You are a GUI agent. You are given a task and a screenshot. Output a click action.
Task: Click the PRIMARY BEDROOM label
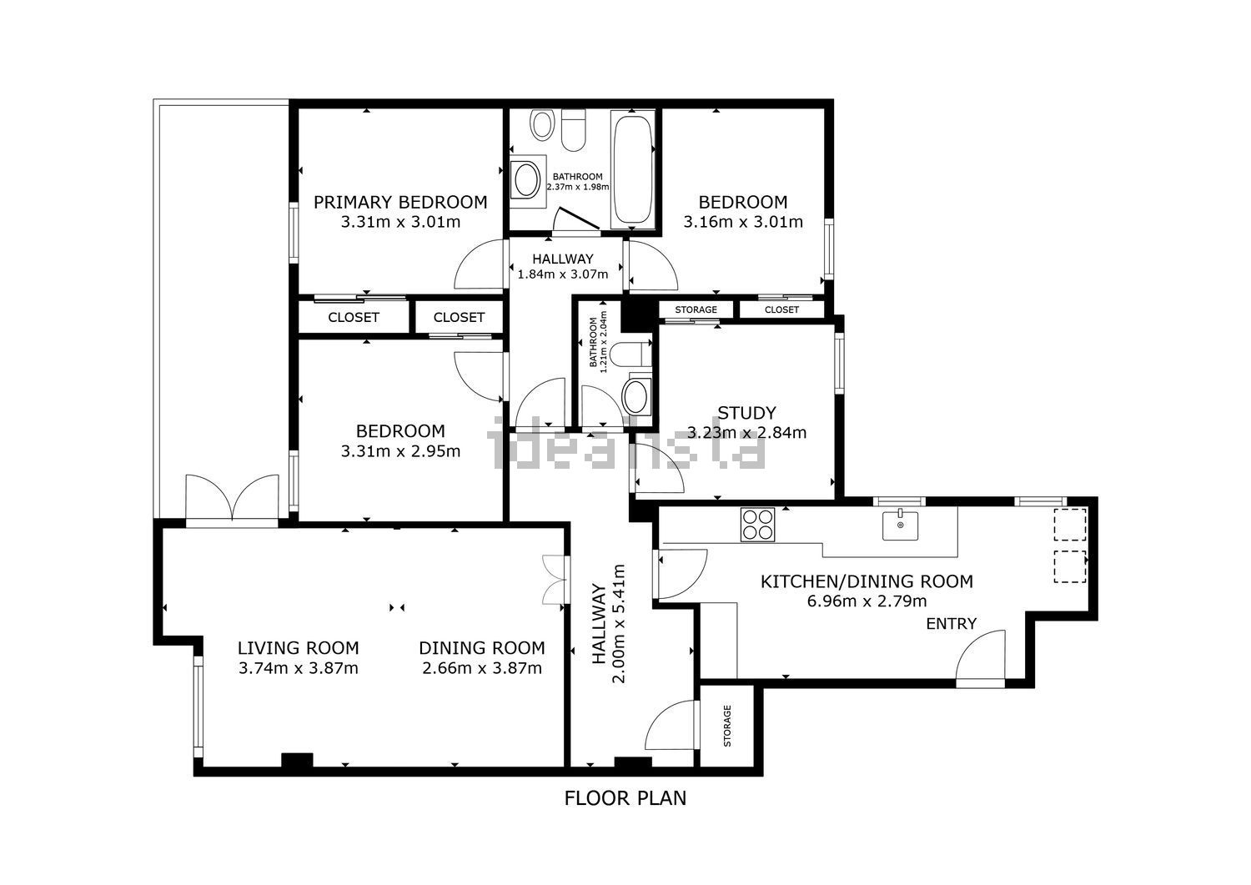pyautogui.click(x=400, y=202)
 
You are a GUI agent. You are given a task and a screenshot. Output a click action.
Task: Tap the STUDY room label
pyautogui.click(x=746, y=413)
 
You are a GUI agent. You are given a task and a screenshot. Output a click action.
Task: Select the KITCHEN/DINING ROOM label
pyautogui.click(x=867, y=581)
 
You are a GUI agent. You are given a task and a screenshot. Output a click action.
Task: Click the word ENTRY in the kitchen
pyautogui.click(x=951, y=624)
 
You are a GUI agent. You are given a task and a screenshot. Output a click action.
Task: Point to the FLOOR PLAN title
pyautogui.click(x=625, y=798)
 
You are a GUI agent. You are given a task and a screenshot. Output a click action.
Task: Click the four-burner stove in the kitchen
pyautogui.click(x=757, y=525)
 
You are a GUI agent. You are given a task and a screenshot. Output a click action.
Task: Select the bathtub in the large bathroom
pyautogui.click(x=634, y=168)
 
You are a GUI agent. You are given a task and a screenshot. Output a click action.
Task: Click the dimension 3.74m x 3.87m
pyautogui.click(x=298, y=668)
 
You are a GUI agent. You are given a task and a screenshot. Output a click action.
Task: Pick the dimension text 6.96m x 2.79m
pyautogui.click(x=867, y=601)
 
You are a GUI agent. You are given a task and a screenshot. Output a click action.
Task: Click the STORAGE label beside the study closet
pyautogui.click(x=696, y=310)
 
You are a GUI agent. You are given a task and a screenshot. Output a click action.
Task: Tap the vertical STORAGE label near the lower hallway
pyautogui.click(x=726, y=726)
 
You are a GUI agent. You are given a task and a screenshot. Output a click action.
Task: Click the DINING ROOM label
pyautogui.click(x=481, y=648)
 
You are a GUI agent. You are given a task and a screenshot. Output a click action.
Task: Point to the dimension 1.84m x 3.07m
pyautogui.click(x=563, y=274)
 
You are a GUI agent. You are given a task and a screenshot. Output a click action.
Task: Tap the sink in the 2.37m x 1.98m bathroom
pyautogui.click(x=526, y=179)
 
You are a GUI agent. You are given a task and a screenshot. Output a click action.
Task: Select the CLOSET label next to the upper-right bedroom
pyautogui.click(x=781, y=310)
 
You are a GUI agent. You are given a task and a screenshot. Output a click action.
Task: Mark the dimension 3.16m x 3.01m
pyautogui.click(x=742, y=222)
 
